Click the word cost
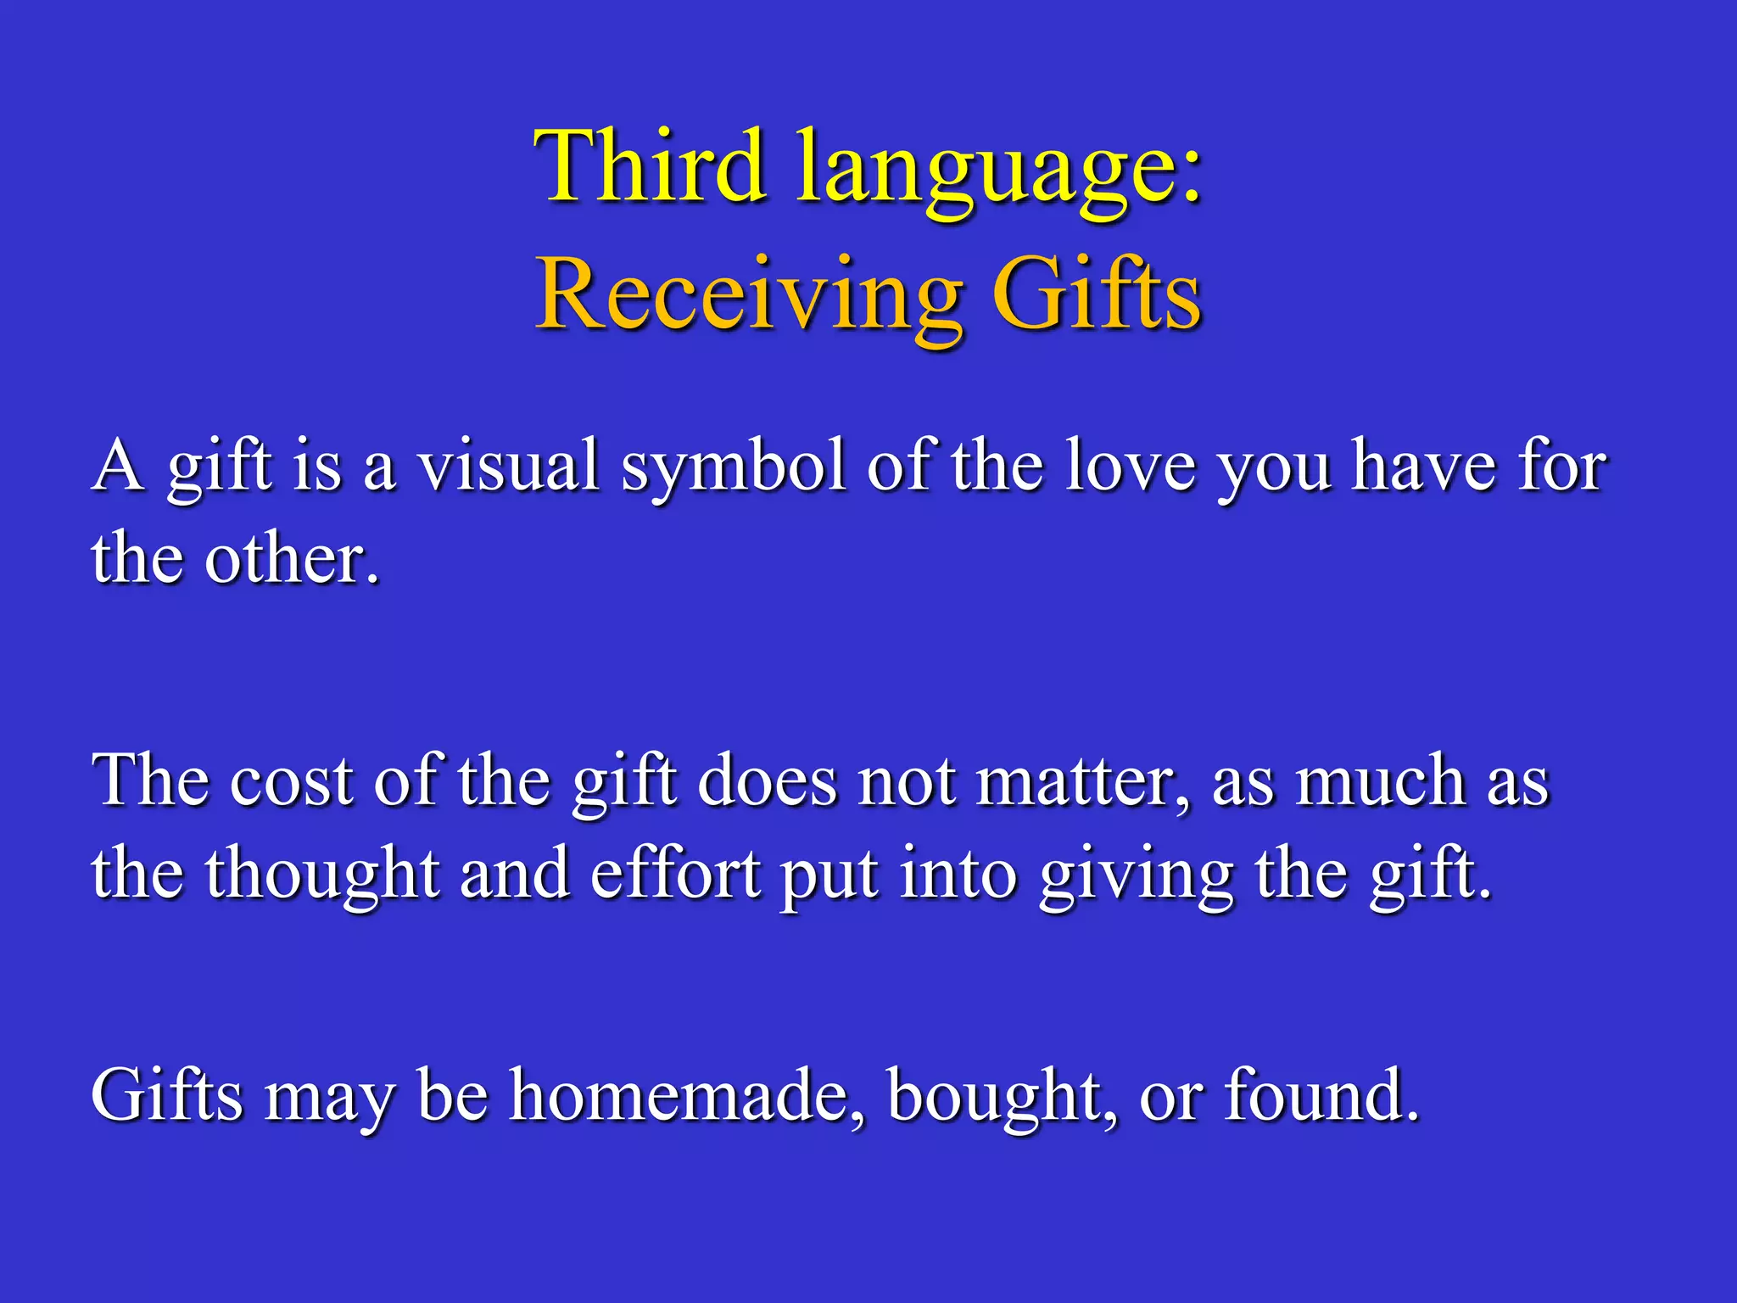291,781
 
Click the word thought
322,876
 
